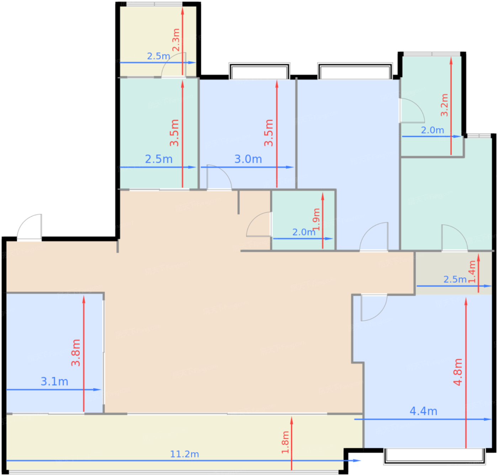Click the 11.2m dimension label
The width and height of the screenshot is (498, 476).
[184, 454]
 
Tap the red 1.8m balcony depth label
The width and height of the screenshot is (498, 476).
[285, 442]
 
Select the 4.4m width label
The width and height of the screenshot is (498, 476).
[423, 411]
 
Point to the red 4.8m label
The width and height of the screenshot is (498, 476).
[458, 372]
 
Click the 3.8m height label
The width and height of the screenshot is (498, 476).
[76, 353]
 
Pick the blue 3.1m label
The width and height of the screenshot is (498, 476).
[54, 381]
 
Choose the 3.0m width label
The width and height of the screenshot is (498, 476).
[248, 159]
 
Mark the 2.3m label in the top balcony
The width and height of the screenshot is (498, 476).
[176, 40]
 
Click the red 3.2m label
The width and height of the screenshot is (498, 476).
[444, 105]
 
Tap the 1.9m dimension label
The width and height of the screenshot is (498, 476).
[316, 219]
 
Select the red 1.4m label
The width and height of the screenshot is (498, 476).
[472, 272]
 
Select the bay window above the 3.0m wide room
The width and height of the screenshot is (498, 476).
[259, 71]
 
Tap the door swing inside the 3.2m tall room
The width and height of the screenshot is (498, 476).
[412, 110]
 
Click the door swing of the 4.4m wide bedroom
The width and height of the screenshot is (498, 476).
[373, 307]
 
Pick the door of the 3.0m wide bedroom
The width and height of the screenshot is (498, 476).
[219, 177]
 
